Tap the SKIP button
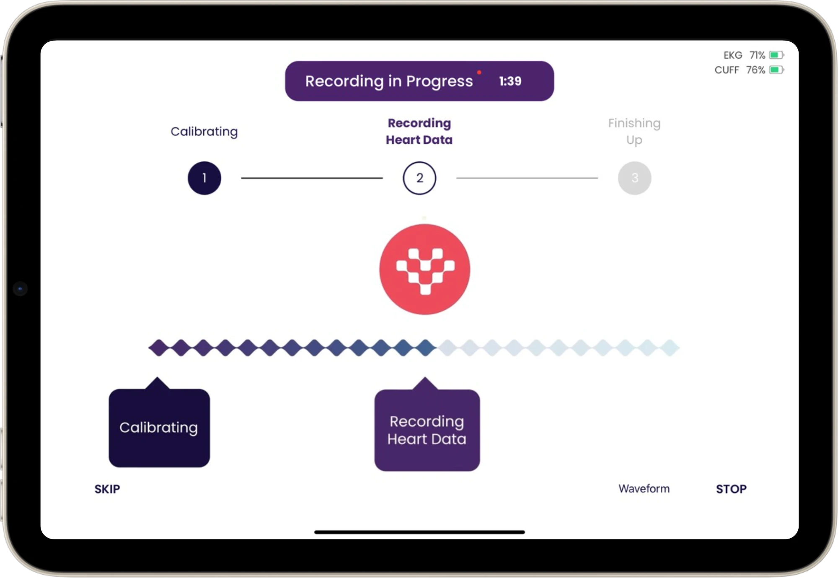click(107, 489)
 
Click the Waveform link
click(644, 489)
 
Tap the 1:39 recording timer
click(510, 81)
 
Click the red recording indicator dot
click(479, 73)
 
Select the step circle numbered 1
click(204, 178)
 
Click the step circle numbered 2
click(419, 178)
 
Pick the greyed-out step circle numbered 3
click(634, 178)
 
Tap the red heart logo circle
click(425, 269)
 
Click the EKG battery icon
click(776, 55)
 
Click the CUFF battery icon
click(776, 70)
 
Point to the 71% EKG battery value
click(757, 55)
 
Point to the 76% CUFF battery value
click(755, 70)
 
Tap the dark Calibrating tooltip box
click(159, 428)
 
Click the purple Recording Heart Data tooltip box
click(427, 430)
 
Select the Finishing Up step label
click(634, 131)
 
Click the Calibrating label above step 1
click(204, 131)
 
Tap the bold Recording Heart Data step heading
click(419, 131)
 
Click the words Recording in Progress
click(389, 81)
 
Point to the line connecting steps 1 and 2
click(312, 178)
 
